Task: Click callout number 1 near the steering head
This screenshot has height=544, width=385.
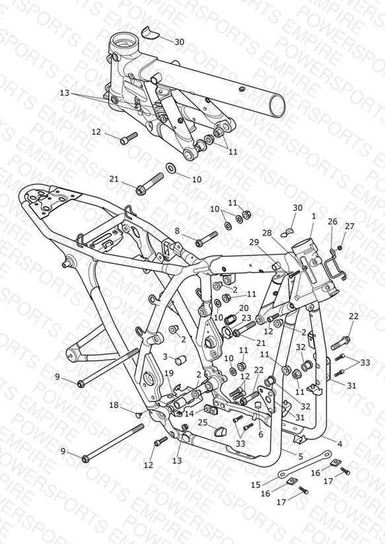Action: coord(314,216)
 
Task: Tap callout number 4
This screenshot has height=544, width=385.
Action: coord(340,444)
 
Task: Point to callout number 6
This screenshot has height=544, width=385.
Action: coord(261,434)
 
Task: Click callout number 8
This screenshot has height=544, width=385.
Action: coord(178,231)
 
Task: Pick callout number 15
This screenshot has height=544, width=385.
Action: coord(256,485)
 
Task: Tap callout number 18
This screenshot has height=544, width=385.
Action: coord(114,405)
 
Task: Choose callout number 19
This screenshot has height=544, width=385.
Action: coord(169,373)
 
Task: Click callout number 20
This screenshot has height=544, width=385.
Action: coord(244,308)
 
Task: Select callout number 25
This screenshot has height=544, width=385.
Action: coord(203,423)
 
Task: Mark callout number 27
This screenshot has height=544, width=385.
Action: coord(349,226)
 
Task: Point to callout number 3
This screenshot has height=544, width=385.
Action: coord(165,357)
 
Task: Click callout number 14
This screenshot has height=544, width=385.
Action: coord(190,413)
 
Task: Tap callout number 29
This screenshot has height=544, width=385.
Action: coord(254,242)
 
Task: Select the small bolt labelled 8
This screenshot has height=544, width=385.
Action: coord(206,239)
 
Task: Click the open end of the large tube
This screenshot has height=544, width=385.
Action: coord(277,106)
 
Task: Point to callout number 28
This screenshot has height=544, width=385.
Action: coord(267,233)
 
